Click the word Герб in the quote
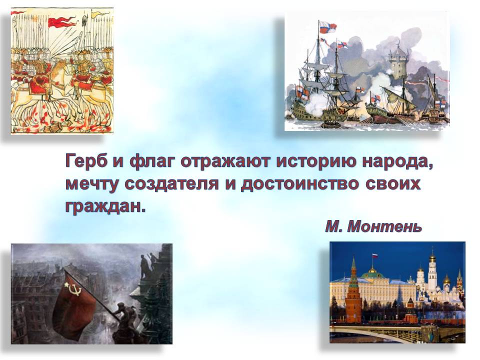pos(85,161)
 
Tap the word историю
pos(316,161)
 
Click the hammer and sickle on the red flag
pos(72,288)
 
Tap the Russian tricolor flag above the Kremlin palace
pos(374,256)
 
